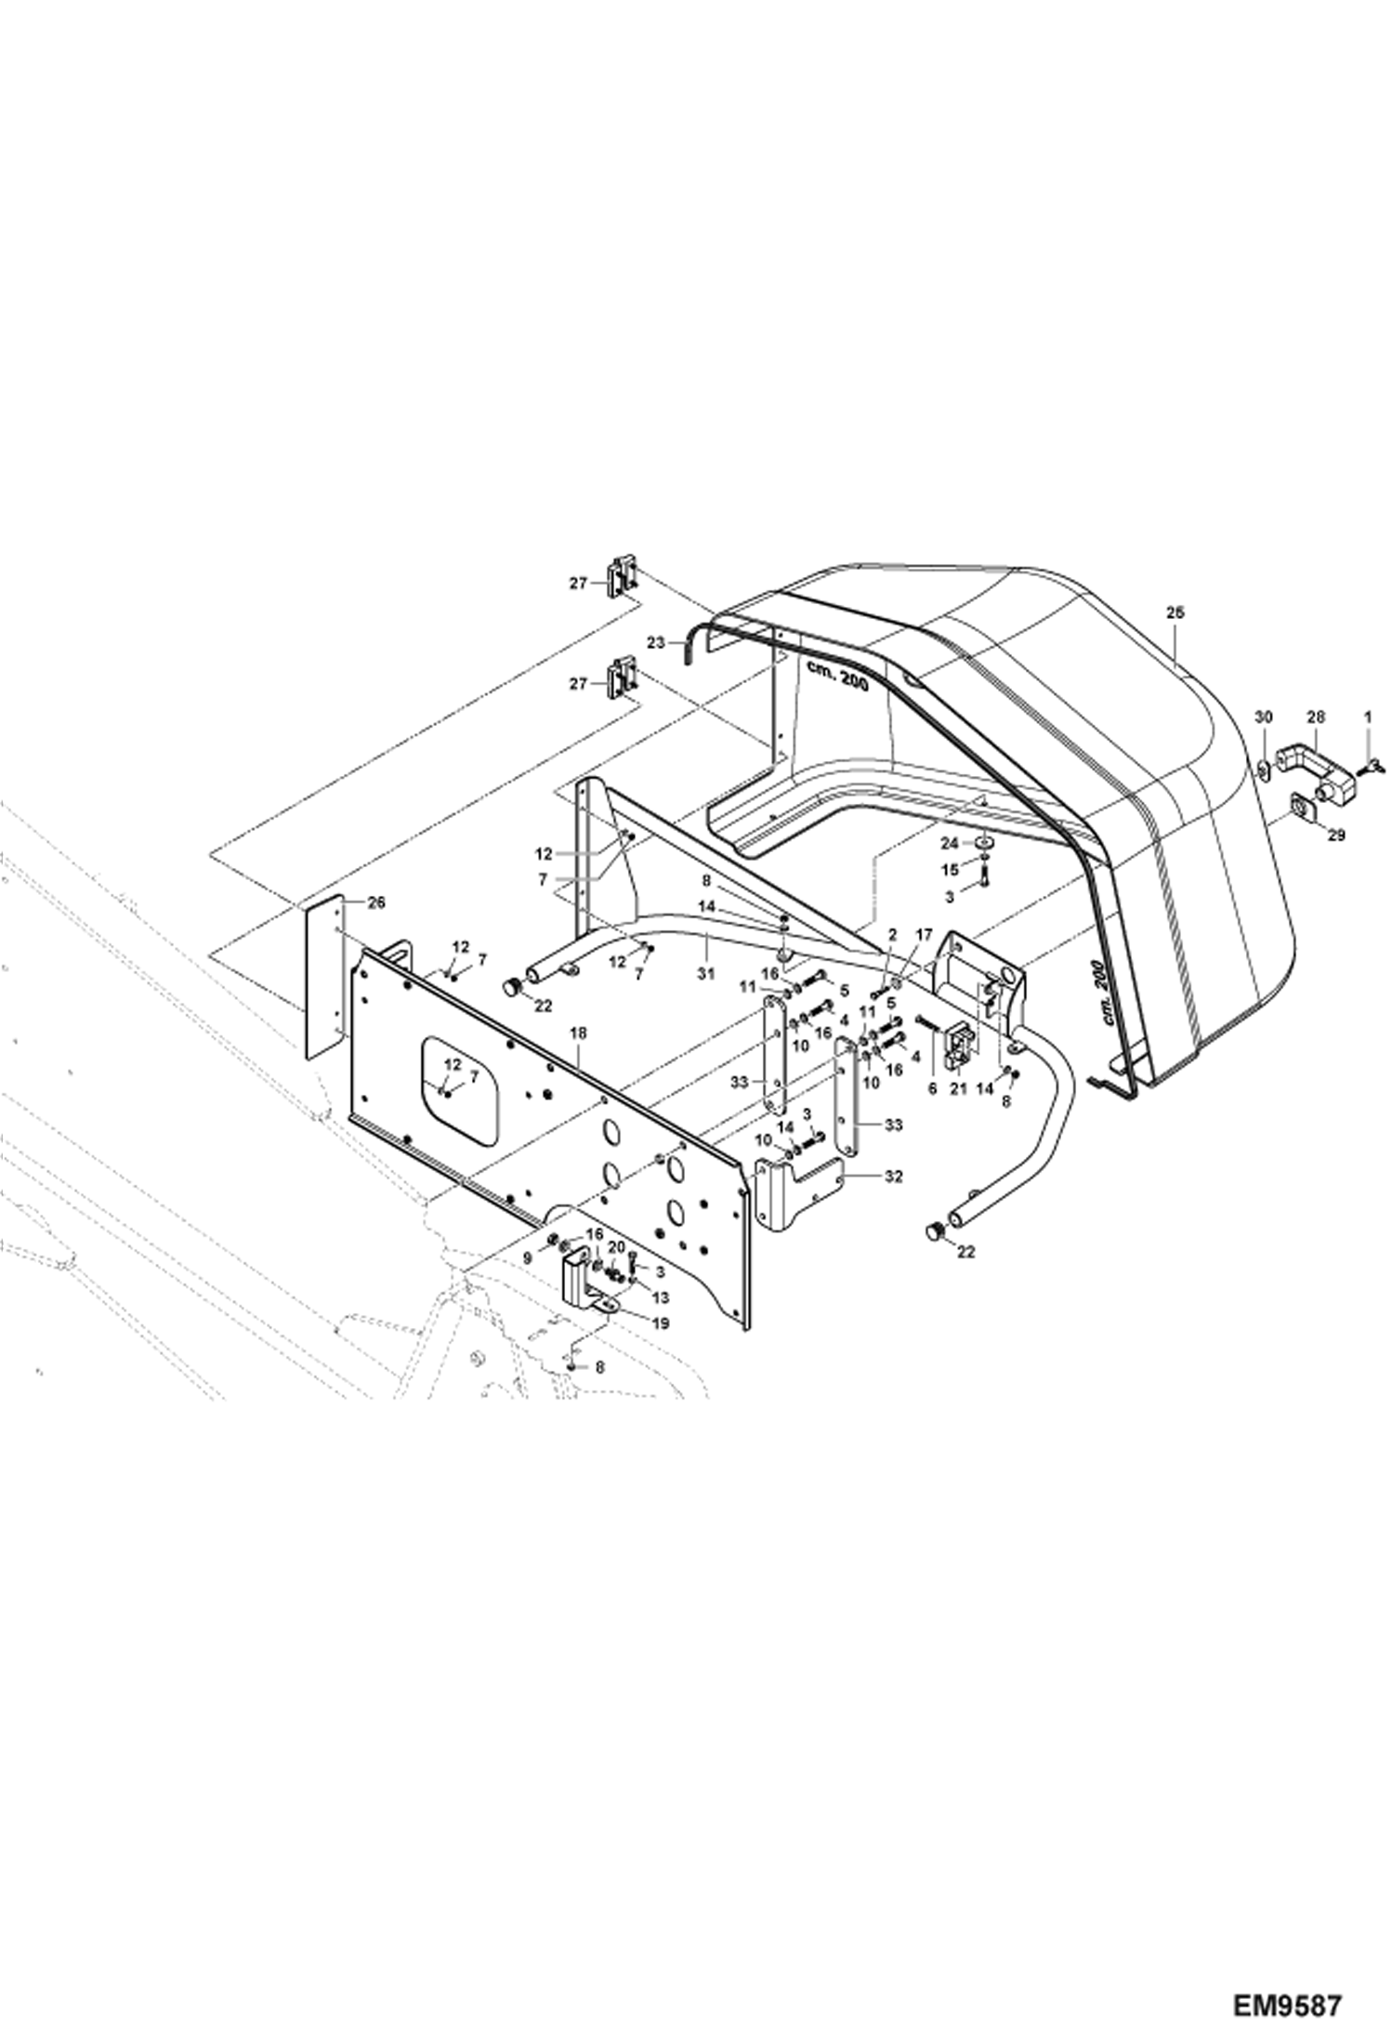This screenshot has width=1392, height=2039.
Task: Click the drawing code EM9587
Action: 1288,2003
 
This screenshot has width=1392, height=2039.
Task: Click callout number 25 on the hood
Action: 1175,613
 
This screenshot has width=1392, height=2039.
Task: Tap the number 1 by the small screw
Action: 1367,717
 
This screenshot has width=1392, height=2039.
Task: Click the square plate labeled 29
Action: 1298,808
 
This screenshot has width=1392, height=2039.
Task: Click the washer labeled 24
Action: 982,842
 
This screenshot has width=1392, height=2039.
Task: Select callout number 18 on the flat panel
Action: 578,1033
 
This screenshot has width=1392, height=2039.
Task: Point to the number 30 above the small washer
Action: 1263,717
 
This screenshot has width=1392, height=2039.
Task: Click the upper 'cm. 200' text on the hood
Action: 836,677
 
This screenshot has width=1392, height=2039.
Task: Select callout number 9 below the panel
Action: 528,1256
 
